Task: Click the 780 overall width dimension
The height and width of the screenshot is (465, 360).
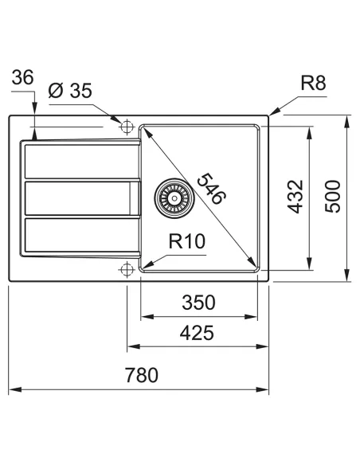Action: click(x=141, y=374)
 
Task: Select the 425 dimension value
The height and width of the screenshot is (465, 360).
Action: click(x=195, y=334)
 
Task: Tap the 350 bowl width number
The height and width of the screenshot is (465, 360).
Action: click(x=198, y=303)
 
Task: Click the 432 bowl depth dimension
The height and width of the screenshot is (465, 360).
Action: click(x=295, y=196)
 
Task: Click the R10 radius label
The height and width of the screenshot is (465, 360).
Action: click(x=188, y=239)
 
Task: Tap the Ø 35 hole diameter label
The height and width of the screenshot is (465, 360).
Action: click(x=70, y=91)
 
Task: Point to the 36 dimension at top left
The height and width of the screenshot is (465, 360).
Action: click(x=24, y=77)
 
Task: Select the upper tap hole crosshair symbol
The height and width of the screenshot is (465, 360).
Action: click(x=125, y=126)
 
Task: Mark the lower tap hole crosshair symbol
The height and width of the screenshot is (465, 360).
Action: click(x=125, y=270)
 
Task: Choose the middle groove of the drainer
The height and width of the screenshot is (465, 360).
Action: click(x=80, y=198)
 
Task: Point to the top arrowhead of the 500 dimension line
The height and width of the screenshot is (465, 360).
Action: click(x=347, y=122)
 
